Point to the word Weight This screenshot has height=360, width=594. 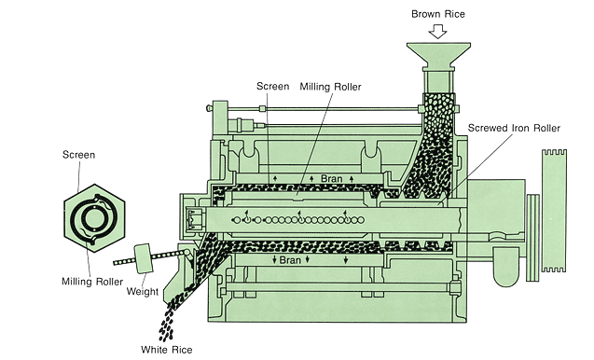(x=142, y=291)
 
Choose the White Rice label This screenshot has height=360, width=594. (x=166, y=350)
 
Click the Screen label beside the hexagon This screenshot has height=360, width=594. (x=78, y=153)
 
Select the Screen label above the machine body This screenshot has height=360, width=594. (x=272, y=87)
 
